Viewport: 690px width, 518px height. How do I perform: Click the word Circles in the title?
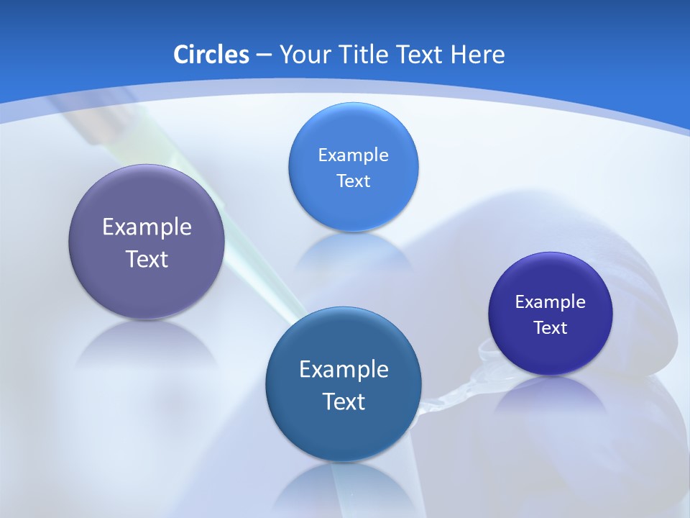coord(211,55)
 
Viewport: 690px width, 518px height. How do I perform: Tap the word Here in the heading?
coord(477,55)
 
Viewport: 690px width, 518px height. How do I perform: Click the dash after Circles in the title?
coord(264,55)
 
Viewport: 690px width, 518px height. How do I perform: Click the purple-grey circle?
coord(147,242)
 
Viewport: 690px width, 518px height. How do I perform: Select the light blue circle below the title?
coord(353,167)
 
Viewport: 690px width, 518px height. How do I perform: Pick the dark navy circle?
coord(551,314)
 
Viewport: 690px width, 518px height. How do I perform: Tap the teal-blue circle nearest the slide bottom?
coord(344,384)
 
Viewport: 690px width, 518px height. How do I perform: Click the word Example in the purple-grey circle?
coord(147,227)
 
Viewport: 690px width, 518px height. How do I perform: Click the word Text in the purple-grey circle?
coord(147,259)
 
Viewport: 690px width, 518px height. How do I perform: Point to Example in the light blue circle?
coord(353,155)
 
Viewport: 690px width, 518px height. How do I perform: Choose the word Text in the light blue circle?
coord(353,181)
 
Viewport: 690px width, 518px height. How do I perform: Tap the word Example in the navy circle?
coord(551,301)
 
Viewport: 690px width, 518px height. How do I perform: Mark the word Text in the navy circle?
coord(551,328)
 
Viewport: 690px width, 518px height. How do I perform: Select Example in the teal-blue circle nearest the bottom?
coord(344,369)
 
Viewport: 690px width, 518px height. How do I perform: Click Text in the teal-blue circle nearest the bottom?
coord(344,401)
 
